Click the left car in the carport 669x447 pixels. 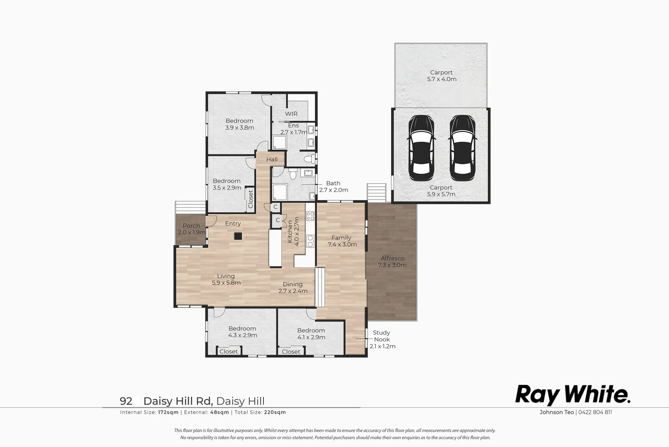tap(421, 148)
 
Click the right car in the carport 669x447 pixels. tap(462, 148)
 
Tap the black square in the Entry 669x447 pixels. tap(238, 236)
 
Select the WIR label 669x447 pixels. tap(291, 114)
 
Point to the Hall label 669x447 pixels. tap(272, 159)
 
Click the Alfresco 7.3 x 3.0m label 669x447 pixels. tap(392, 262)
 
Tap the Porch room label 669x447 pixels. tap(191, 229)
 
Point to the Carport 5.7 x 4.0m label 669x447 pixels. tap(442, 76)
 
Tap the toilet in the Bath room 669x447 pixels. tap(293, 175)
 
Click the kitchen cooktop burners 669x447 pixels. tap(310, 216)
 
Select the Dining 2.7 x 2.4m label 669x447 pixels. tap(293, 288)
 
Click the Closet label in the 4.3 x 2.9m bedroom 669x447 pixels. tap(229, 351)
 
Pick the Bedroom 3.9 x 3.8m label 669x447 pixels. tap(239, 124)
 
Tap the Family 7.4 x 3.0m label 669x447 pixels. tap(342, 241)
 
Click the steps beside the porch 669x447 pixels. tap(190, 207)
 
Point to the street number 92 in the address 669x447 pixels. tap(126, 401)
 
